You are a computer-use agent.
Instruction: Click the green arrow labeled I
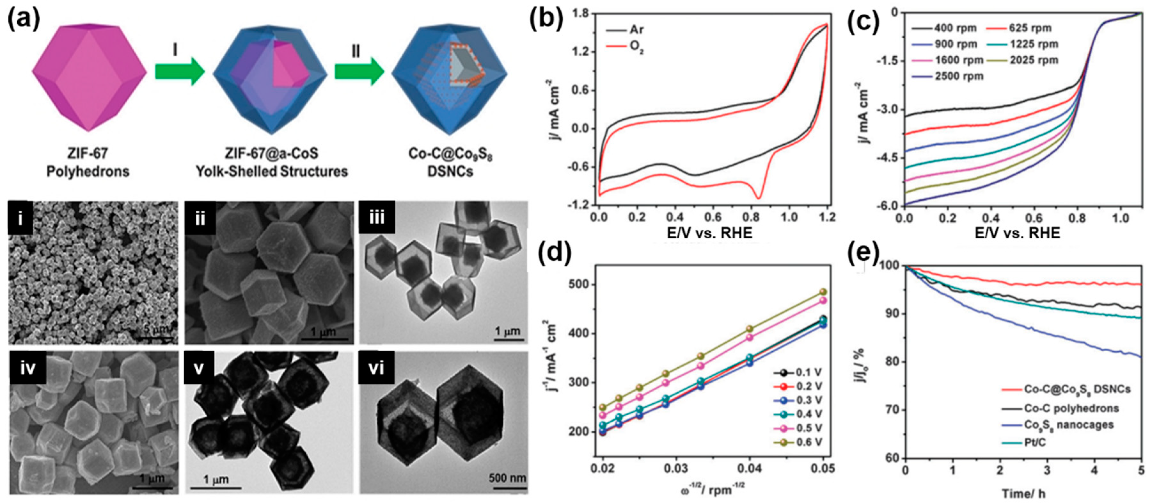click(x=179, y=71)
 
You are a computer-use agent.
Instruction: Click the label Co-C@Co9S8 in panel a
click(x=450, y=153)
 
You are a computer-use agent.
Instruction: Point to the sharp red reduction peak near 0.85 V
click(x=758, y=197)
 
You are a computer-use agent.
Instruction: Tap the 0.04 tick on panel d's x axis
click(x=749, y=468)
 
